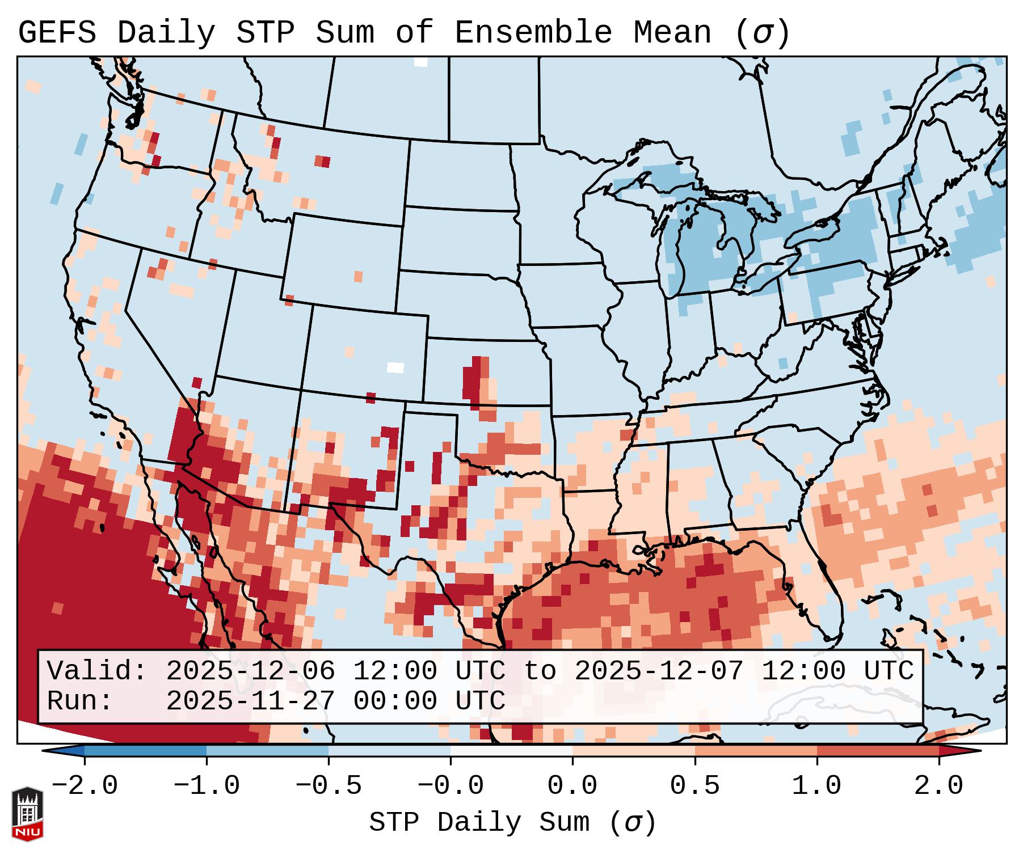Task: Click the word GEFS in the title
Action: coord(57,33)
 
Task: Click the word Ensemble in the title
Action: coord(533,33)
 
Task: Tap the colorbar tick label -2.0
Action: coord(85,786)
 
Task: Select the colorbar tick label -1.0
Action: coord(207,786)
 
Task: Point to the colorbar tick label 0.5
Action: coord(694,786)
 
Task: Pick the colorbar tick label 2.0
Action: coord(938,786)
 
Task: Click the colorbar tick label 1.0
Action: coord(816,786)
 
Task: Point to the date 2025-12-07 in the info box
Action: coord(659,671)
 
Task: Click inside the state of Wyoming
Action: coord(343,261)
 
